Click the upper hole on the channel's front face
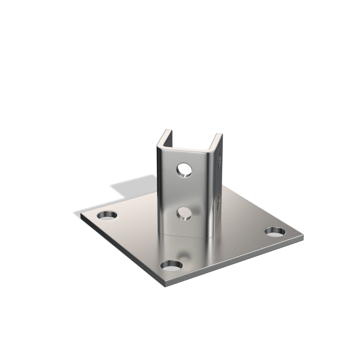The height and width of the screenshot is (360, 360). point(184,170)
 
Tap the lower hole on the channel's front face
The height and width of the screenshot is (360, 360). point(184,213)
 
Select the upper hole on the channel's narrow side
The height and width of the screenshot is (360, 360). point(219,160)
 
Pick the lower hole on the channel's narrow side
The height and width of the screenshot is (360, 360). point(219,201)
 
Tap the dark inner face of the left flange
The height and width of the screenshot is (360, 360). point(165,139)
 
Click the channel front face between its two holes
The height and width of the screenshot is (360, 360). point(184,192)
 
